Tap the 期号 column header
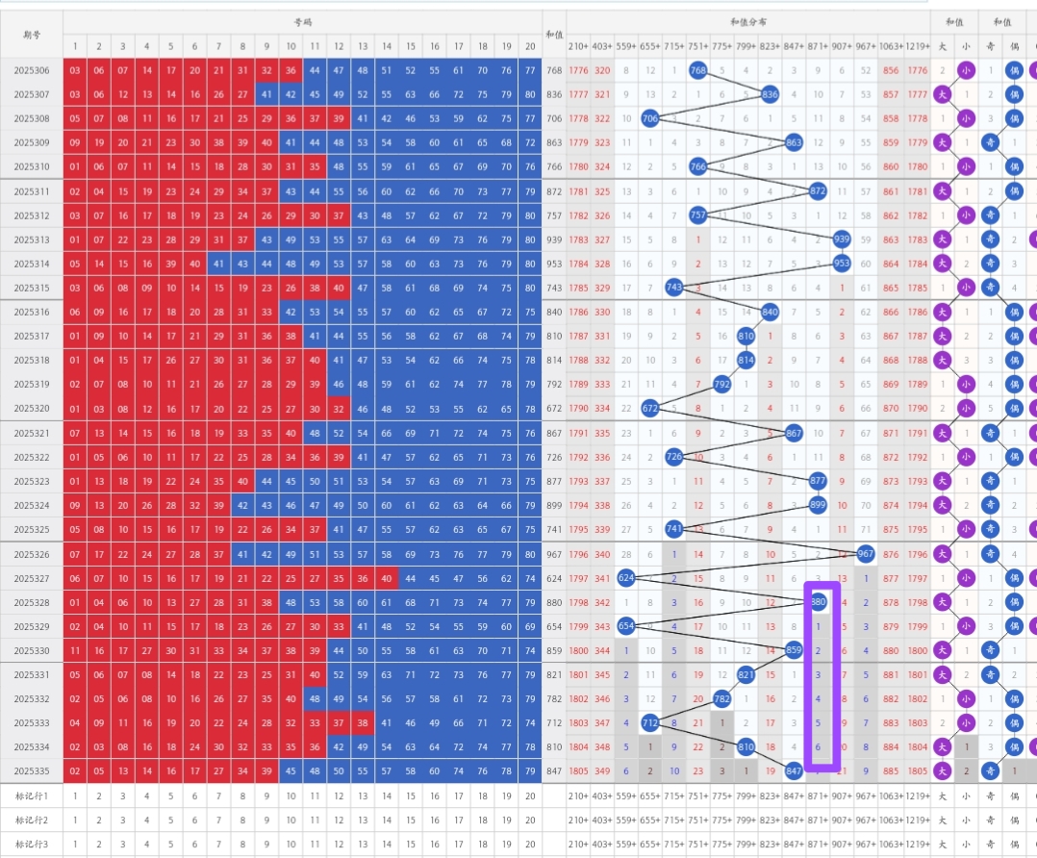(x=32, y=35)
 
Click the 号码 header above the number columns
(x=303, y=22)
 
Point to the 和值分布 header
(x=747, y=22)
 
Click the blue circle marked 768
(x=699, y=69)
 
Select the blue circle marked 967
(x=865, y=553)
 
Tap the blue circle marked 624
(x=626, y=577)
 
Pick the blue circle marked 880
(x=819, y=602)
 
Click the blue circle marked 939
(x=842, y=240)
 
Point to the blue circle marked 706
(x=650, y=117)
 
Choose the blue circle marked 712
(x=650, y=722)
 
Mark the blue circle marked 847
(x=795, y=770)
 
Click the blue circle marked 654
(x=626, y=626)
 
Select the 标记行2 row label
(x=32, y=820)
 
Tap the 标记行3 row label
(x=32, y=844)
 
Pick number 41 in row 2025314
(x=218, y=264)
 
